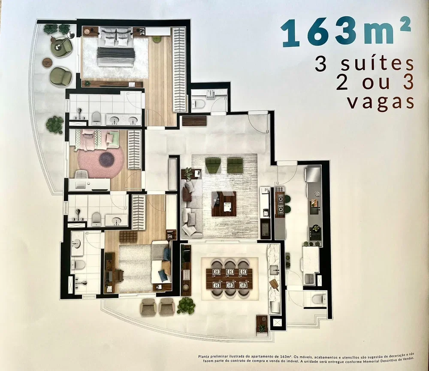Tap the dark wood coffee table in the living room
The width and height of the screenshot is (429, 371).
pos(224,204)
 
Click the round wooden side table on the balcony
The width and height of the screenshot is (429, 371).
pos(47,62)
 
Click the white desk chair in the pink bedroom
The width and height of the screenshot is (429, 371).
pos(82,174)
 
